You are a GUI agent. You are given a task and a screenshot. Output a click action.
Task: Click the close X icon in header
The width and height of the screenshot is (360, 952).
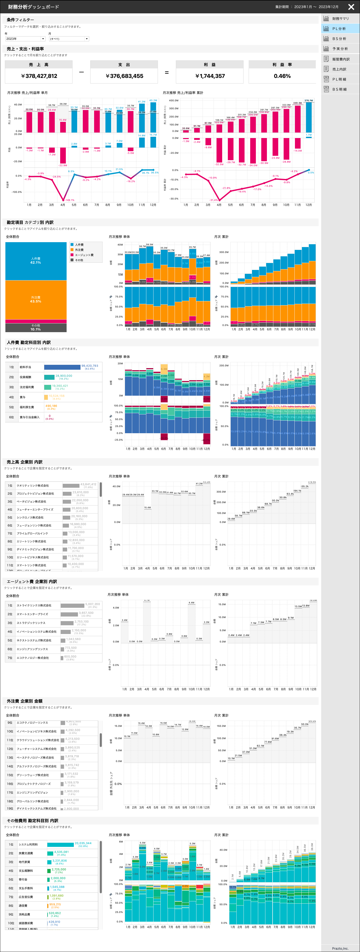(351, 7)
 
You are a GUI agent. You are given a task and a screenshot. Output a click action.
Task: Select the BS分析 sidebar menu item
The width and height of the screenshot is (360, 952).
(339, 39)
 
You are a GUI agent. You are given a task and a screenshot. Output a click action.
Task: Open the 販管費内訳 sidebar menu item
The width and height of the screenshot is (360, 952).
(340, 59)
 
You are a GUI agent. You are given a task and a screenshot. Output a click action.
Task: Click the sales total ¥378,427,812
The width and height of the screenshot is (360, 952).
(39, 76)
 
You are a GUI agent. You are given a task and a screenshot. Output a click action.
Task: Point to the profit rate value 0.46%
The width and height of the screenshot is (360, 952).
(282, 76)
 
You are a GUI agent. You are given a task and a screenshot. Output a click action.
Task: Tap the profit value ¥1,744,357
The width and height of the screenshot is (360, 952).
(210, 76)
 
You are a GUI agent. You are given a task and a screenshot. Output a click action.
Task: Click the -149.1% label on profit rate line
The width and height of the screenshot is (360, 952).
(69, 200)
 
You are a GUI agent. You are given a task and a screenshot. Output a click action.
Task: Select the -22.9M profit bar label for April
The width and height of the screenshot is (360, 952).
(62, 165)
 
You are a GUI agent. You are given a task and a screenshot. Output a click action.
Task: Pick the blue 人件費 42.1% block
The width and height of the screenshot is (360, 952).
(36, 260)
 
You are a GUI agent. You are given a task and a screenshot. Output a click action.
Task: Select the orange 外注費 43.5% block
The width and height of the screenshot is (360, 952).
(36, 299)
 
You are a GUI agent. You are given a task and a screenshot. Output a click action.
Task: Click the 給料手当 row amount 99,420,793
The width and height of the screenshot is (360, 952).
(89, 366)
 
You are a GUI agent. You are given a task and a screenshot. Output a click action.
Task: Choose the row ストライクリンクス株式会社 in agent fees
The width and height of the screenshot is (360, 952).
(34, 605)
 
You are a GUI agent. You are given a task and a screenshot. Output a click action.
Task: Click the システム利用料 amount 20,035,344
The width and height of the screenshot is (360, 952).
(83, 843)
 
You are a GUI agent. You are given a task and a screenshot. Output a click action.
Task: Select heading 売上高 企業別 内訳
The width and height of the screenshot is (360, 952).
(24, 462)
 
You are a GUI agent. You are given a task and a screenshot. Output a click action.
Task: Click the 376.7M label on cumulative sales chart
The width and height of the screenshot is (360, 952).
(308, 101)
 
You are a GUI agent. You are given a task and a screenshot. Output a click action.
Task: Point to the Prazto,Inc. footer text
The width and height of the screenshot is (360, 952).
(340, 948)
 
